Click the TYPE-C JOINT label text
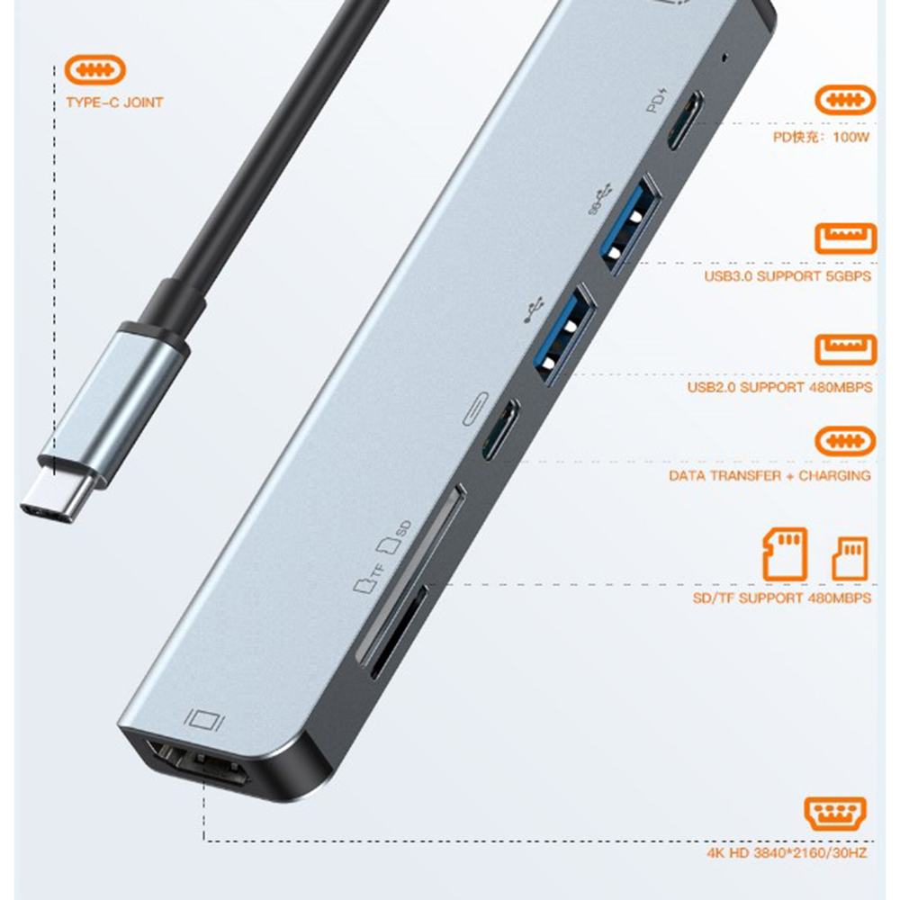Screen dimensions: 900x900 click(114, 103)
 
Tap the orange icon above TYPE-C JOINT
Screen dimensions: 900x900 click(94, 70)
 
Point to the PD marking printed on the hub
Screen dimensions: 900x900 click(657, 101)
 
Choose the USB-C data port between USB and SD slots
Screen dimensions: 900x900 click(500, 429)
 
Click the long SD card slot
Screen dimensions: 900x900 click(411, 575)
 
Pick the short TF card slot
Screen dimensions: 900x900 click(399, 632)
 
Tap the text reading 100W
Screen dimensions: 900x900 click(851, 137)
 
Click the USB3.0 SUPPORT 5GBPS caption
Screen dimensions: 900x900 click(787, 276)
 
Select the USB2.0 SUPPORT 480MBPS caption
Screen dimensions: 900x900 click(779, 387)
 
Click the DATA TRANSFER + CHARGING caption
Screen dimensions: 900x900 click(769, 476)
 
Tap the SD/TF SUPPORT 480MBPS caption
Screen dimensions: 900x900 click(782, 598)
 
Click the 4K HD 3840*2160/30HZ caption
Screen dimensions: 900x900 click(787, 853)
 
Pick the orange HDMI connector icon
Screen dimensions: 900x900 click(835, 813)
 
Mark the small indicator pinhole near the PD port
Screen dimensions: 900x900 click(724, 58)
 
